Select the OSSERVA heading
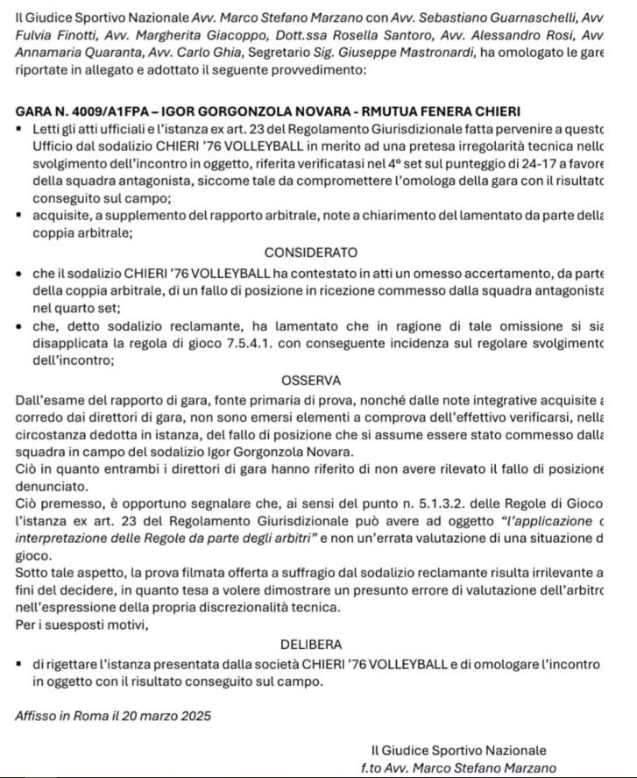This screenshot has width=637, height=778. click(x=311, y=382)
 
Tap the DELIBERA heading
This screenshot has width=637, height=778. click(x=311, y=645)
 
